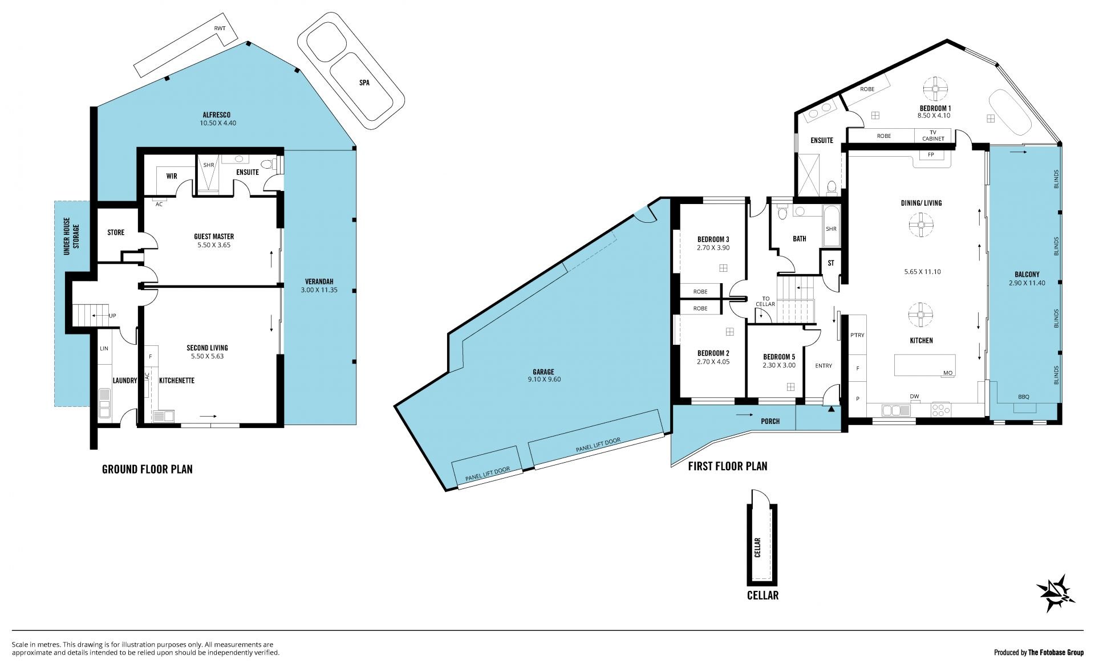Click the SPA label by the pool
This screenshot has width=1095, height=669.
364,83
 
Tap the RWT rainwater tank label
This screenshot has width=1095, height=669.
220,28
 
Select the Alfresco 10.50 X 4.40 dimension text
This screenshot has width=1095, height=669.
218,123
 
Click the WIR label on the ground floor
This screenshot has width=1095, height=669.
172,176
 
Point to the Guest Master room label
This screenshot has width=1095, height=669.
214,236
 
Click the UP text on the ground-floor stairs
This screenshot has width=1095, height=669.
113,316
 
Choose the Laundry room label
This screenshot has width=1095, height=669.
125,381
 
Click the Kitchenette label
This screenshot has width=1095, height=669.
177,381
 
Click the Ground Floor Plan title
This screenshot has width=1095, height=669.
147,470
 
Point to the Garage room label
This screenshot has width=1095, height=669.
544,372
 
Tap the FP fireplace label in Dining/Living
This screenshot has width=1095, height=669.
931,155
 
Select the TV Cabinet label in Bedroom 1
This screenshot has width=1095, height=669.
933,136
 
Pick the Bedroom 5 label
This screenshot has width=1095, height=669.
779,357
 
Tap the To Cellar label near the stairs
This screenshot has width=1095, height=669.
765,301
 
